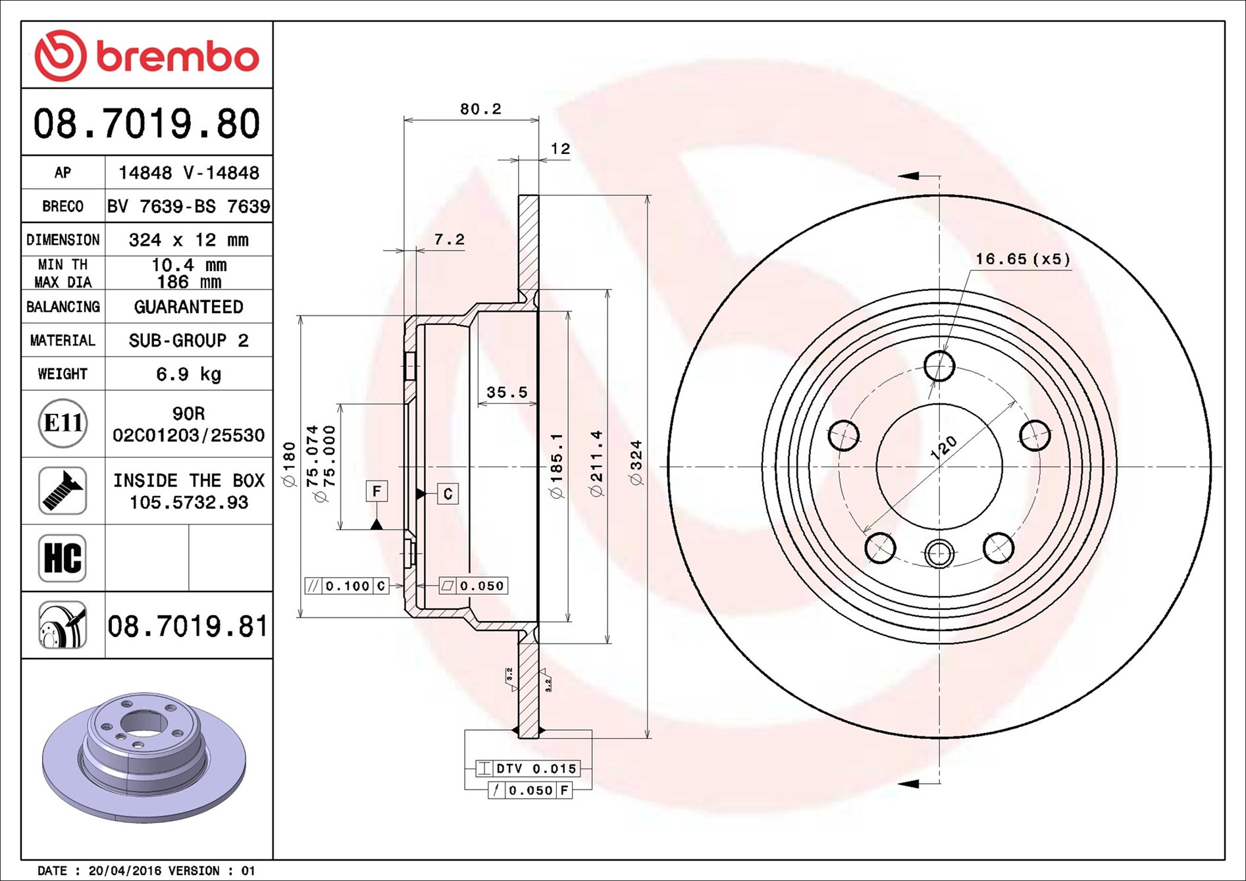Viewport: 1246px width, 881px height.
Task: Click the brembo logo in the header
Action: click(x=146, y=55)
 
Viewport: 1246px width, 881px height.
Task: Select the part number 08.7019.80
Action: click(x=147, y=124)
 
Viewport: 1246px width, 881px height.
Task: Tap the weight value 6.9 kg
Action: click(x=188, y=374)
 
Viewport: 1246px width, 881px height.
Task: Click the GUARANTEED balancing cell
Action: click(x=188, y=307)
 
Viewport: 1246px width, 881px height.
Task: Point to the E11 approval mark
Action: click(x=63, y=423)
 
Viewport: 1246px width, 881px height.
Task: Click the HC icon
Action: click(x=63, y=558)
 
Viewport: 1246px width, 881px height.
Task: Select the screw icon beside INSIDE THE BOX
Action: click(x=63, y=491)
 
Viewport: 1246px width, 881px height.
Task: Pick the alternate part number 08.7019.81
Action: click(x=188, y=626)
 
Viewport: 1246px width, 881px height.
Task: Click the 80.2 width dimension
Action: click(x=480, y=109)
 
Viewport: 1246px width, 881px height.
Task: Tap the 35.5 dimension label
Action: click(x=507, y=392)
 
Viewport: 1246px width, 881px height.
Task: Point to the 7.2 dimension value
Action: click(x=450, y=239)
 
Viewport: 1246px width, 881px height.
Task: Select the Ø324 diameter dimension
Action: click(x=636, y=463)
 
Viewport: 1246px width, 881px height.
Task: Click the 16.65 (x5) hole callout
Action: click(x=1023, y=259)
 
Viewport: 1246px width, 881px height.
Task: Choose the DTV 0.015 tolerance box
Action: click(x=528, y=768)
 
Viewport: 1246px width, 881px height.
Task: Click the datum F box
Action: click(x=376, y=491)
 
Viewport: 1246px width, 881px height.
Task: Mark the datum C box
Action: click(x=448, y=493)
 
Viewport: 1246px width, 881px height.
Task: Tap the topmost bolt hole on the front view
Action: click(x=939, y=366)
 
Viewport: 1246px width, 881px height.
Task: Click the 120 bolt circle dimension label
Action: click(x=943, y=447)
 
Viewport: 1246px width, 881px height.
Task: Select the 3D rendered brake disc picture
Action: click(x=143, y=757)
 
